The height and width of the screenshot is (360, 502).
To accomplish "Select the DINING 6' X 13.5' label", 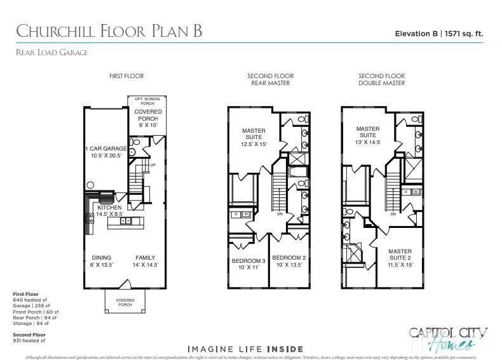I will tap(102, 261).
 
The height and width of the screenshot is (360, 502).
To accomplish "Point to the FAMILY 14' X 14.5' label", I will tap(146, 261).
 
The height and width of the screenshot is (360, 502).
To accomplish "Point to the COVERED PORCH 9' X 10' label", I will tap(147, 116).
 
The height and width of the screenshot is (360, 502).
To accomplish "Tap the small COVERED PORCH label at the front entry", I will tap(124, 302).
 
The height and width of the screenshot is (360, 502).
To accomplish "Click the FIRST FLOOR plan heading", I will tap(126, 76).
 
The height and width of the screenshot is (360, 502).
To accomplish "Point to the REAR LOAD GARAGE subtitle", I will tap(52, 53).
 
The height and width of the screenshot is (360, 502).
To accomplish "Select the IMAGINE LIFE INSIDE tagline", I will tap(245, 349).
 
